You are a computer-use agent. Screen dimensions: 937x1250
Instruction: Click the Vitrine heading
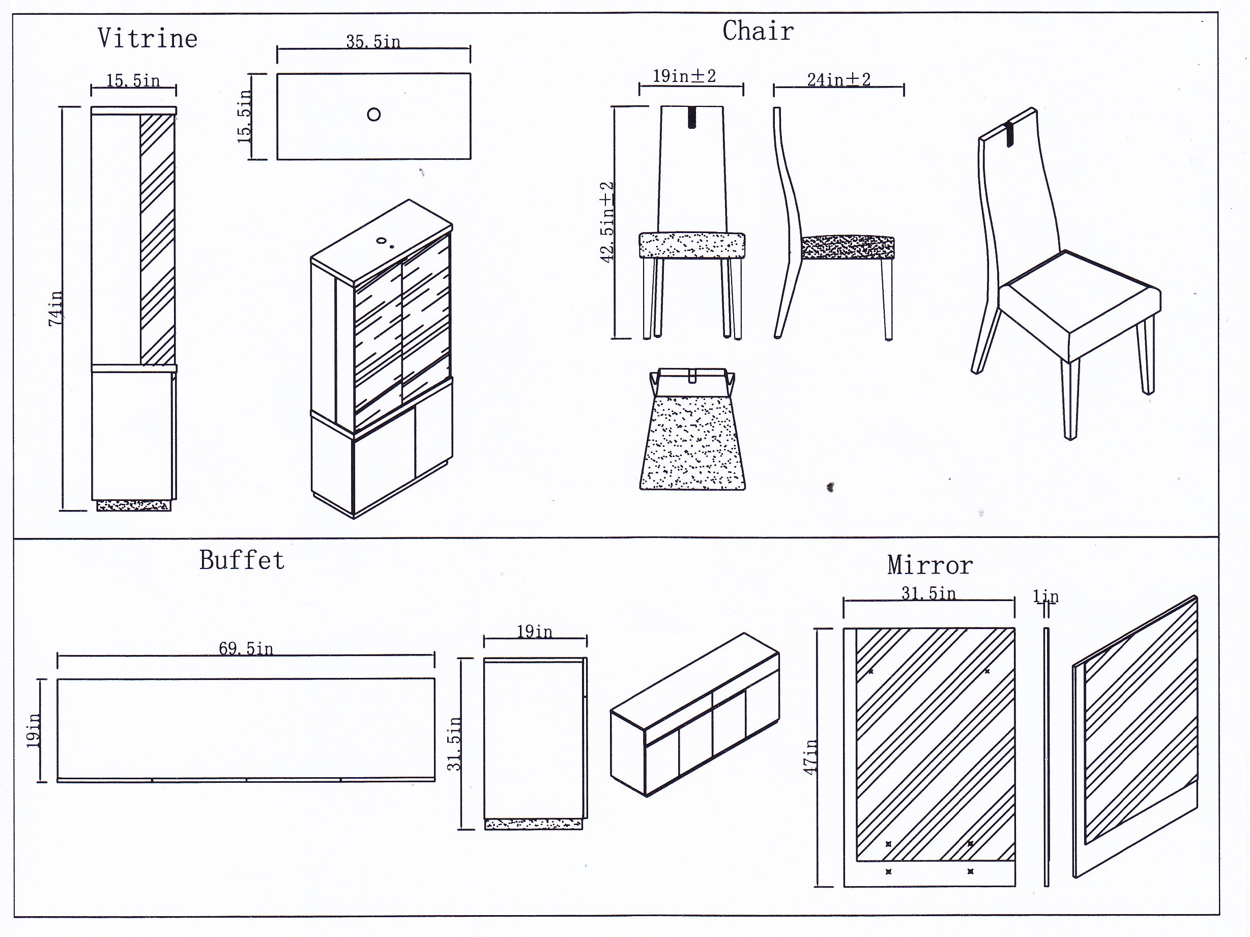(x=148, y=39)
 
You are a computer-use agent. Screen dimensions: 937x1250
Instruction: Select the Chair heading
(x=758, y=31)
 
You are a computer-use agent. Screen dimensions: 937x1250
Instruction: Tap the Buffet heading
(x=242, y=560)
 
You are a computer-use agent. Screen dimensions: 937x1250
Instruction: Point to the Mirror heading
(x=929, y=565)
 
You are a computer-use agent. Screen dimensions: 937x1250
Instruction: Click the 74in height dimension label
(x=55, y=308)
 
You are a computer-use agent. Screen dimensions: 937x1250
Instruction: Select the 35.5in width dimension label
(x=373, y=41)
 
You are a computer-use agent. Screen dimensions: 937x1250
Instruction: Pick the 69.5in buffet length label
(x=246, y=648)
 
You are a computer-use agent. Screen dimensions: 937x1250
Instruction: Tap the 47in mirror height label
(x=811, y=757)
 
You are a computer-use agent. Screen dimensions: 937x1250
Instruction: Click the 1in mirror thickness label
(x=1045, y=596)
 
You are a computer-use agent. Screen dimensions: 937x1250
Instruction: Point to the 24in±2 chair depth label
(x=838, y=80)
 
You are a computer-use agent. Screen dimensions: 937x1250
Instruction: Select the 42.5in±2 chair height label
(x=607, y=222)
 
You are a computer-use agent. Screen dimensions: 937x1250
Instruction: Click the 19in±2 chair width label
(x=684, y=76)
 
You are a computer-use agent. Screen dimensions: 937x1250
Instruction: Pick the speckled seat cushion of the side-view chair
(x=848, y=248)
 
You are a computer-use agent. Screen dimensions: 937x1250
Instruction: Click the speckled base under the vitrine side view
(x=133, y=505)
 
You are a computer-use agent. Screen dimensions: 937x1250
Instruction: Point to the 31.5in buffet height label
(x=454, y=744)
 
